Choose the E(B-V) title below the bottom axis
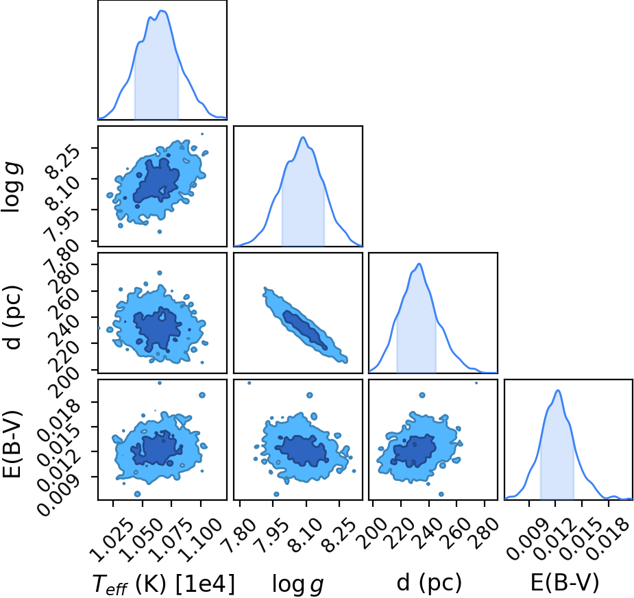point(565,583)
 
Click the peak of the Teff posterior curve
point(162,11)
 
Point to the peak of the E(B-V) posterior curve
point(558,390)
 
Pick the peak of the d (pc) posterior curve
point(419,264)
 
